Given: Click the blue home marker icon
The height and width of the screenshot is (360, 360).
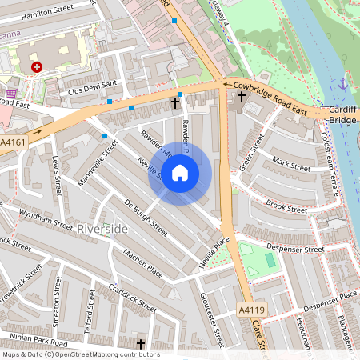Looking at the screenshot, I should pyautogui.click(x=180, y=173).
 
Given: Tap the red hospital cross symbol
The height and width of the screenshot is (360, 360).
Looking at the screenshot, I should pyautogui.click(x=36, y=68).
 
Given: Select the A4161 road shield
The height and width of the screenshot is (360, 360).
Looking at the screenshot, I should pyautogui.click(x=13, y=141).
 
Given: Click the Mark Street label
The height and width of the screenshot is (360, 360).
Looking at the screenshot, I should pyautogui.click(x=290, y=165).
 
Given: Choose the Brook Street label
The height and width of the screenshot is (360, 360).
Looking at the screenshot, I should pyautogui.click(x=286, y=206).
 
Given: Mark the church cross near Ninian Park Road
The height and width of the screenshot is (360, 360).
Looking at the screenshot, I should pyautogui.click(x=141, y=344).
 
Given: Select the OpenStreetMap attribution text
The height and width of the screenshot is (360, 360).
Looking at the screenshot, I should pyautogui.click(x=80, y=354).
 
